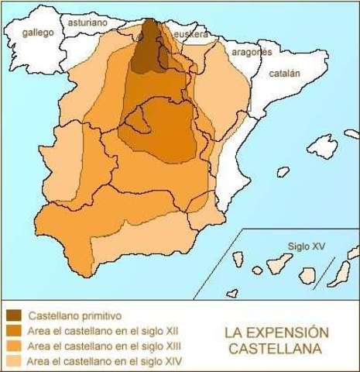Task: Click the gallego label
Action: coord(38,33)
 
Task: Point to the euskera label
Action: coord(190,35)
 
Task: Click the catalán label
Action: coord(284,74)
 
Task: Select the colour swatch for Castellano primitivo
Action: coord(14,316)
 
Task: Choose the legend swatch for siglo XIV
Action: coord(14,360)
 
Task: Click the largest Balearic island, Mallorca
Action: coord(322,146)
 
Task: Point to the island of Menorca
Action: coord(351,133)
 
